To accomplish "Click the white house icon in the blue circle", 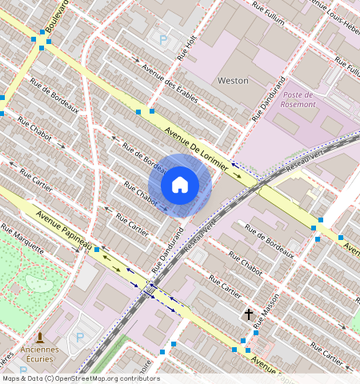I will (x=180, y=185).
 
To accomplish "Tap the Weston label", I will (x=233, y=81).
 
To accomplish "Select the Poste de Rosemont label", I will (x=299, y=99).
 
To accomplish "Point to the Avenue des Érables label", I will (x=169, y=81).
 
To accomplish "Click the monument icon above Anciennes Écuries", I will (x=40, y=338).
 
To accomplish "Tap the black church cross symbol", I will (x=249, y=314).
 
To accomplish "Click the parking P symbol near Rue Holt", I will (x=164, y=39).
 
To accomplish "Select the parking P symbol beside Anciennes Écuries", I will (x=79, y=338).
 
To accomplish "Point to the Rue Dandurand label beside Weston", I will (x=270, y=98).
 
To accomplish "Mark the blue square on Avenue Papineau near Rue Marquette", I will (x=97, y=250).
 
